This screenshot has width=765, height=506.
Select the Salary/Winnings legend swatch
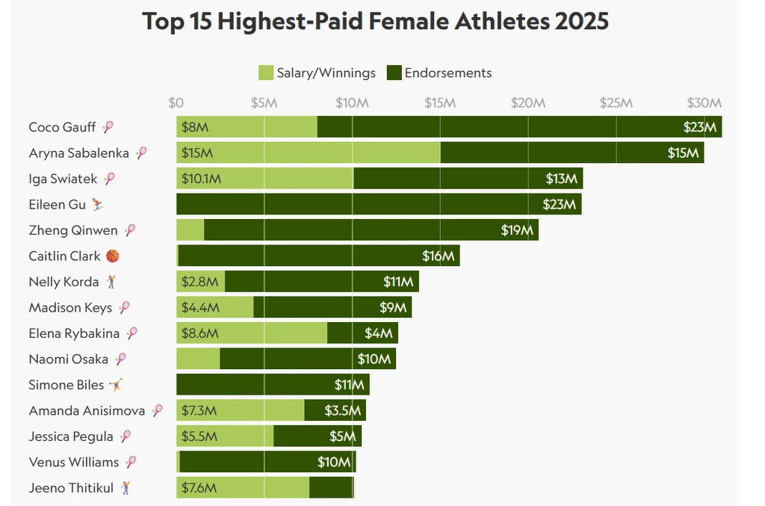[266, 72]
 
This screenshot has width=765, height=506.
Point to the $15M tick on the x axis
[440, 102]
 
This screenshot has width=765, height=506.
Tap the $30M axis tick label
[704, 102]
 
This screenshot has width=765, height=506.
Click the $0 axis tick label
[176, 102]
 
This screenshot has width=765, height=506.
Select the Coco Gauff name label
[62, 127]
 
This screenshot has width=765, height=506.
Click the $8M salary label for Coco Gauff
[195, 128]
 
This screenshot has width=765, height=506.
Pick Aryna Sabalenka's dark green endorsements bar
[572, 153]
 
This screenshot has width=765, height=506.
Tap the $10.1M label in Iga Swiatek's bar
[202, 179]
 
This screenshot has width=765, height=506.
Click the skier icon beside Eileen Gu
[98, 204]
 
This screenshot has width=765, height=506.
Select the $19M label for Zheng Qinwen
[516, 231]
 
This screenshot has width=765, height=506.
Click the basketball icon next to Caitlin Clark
[112, 256]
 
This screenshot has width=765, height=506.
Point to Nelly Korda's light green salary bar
[200, 282]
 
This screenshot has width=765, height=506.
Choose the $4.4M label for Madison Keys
[200, 308]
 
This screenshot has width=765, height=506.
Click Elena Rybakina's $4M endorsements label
[379, 333]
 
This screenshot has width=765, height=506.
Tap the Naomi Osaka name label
[68, 360]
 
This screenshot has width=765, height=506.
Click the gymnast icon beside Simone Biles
[115, 385]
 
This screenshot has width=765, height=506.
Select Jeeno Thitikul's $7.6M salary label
[199, 488]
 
